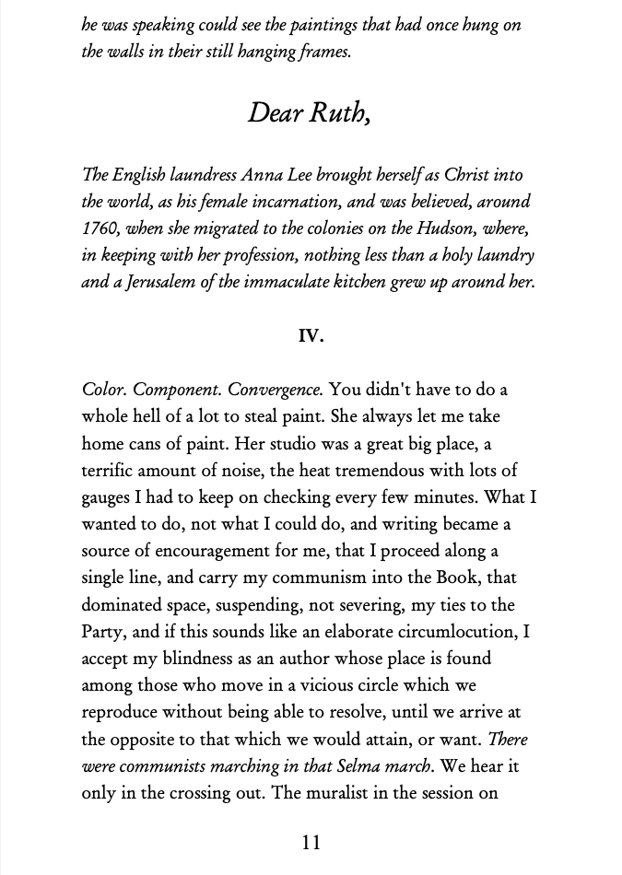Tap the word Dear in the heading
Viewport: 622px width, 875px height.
coord(274,113)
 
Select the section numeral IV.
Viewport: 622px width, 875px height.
coord(311,336)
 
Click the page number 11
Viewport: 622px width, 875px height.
coord(311,842)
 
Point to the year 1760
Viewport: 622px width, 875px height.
coord(100,228)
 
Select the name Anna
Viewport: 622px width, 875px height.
coord(264,175)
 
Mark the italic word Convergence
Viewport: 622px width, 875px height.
coord(276,390)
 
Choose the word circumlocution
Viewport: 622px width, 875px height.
coord(451,632)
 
